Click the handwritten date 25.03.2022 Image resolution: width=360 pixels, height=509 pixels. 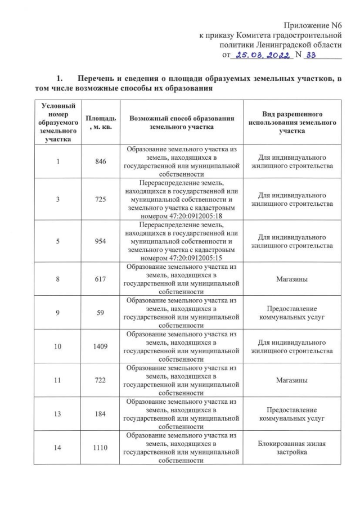tap(263, 55)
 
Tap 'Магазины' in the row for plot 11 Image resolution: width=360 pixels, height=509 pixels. tap(291, 381)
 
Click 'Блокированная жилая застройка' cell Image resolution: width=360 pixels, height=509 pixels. tap(291, 448)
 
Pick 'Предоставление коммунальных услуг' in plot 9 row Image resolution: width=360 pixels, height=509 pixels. tap(291, 313)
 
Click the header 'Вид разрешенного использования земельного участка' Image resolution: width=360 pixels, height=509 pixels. tap(291, 123)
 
